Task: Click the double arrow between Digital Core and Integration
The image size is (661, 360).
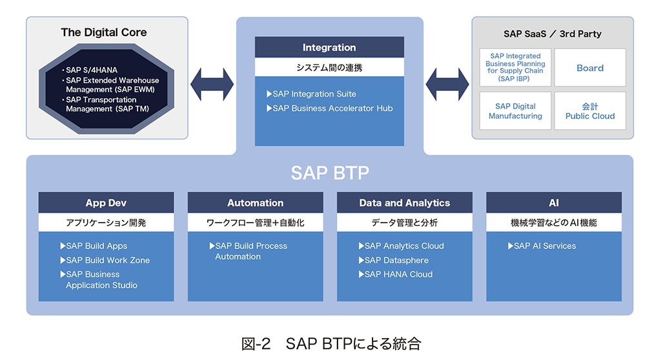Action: click(212, 85)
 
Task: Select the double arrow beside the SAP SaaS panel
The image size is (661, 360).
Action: click(447, 85)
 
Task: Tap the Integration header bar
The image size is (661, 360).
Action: click(329, 47)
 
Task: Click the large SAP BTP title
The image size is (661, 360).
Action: click(330, 173)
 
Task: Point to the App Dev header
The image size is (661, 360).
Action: click(106, 203)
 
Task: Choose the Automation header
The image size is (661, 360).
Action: click(256, 203)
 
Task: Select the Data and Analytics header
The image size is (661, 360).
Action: click(405, 203)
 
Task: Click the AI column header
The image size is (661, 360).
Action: click(554, 203)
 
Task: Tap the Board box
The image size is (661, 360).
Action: click(590, 68)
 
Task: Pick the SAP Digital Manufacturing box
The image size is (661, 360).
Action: click(515, 111)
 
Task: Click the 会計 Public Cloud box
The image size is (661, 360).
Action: click(590, 111)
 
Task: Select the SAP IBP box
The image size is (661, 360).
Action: click(515, 68)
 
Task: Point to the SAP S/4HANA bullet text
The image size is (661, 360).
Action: click(90, 70)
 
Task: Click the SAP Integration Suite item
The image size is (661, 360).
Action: click(312, 94)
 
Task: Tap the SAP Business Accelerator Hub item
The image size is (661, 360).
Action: click(330, 108)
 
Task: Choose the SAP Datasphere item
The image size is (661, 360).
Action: click(393, 260)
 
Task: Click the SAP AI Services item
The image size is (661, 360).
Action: click(542, 246)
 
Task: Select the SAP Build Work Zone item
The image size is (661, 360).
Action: click(105, 260)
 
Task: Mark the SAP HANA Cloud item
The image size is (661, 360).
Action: click(396, 274)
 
